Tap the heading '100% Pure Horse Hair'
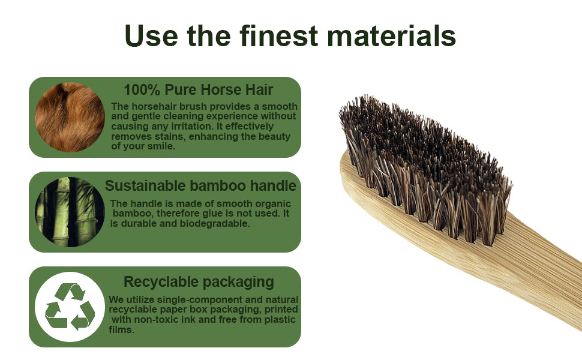pyautogui.click(x=198, y=90)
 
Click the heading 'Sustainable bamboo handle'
pyautogui.click(x=200, y=185)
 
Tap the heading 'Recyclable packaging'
pyautogui.click(x=199, y=281)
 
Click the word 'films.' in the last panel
pyautogui.click(x=122, y=329)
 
